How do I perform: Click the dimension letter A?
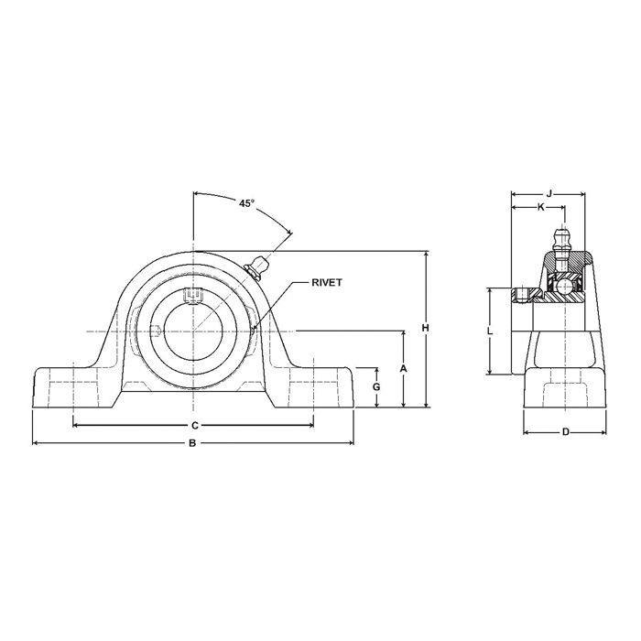point(404,369)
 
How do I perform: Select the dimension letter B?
point(192,442)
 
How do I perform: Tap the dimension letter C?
point(195,426)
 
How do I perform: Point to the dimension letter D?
point(565,431)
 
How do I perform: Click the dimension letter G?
point(377,386)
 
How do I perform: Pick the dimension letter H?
point(426,328)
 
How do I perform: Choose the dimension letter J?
point(549,193)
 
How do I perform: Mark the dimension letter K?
point(540,208)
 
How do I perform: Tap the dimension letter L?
point(490,331)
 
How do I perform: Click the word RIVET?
point(327,282)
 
